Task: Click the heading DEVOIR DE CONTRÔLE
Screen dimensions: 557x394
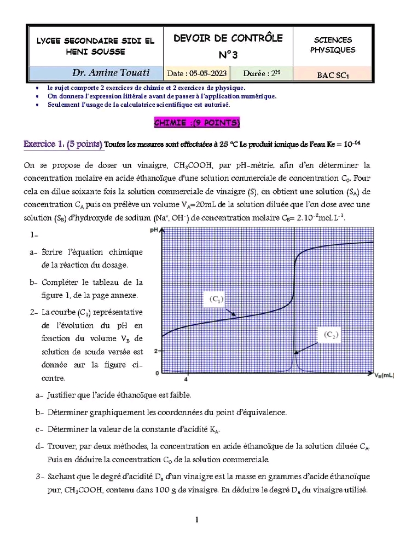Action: point(228,38)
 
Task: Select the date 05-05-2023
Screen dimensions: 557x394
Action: point(196,73)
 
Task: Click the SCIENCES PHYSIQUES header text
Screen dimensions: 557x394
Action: point(333,45)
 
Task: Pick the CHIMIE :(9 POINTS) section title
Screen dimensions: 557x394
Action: point(197,123)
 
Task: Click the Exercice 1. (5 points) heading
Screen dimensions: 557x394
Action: point(63,144)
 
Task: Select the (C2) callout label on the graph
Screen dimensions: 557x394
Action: point(330,335)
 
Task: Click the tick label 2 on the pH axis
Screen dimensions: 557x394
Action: point(156,351)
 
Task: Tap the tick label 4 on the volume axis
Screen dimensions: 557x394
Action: point(187,379)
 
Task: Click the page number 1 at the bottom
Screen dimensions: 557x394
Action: point(197,520)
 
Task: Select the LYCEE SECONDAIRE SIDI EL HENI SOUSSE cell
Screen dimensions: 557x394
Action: point(95,46)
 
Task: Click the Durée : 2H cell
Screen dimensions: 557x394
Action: point(262,73)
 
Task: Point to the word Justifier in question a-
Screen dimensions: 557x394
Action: point(64,394)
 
